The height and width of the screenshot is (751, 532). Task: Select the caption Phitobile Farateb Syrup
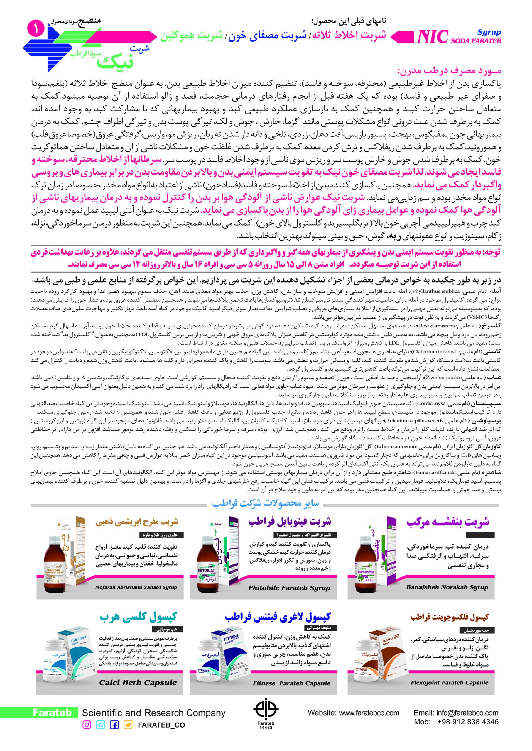[x=289, y=588]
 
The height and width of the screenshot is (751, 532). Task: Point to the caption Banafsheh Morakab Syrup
[x=447, y=587]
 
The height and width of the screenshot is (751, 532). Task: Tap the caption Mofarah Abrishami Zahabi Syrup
[x=136, y=587]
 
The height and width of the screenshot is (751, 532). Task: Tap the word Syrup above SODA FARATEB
[x=489, y=32]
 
